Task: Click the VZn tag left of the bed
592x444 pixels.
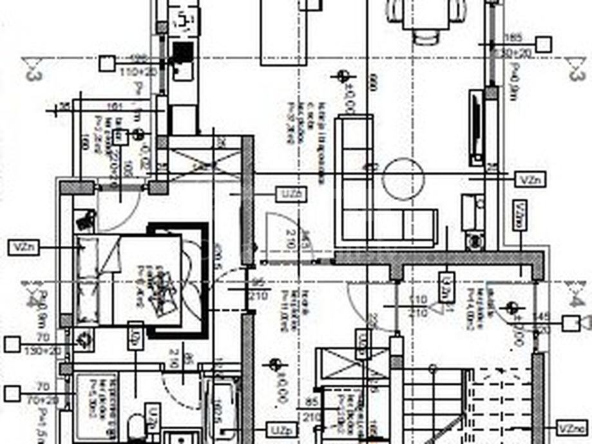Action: [x=24, y=246]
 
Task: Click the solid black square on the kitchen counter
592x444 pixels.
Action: [x=183, y=52]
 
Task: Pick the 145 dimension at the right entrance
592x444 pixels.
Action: [x=541, y=317]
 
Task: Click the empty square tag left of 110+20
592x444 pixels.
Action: [x=107, y=63]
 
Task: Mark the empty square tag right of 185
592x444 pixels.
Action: [x=544, y=44]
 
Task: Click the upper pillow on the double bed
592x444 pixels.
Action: [x=88, y=248]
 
